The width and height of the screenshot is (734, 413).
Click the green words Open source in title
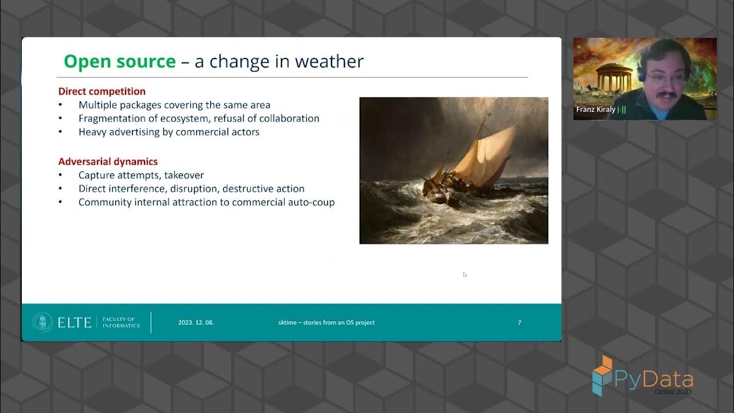pos(120,61)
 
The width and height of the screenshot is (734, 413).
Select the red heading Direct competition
pos(102,91)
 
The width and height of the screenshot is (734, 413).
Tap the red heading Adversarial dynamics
pos(108,162)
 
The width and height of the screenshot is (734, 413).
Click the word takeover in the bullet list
pos(184,175)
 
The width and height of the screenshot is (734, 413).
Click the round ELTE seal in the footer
pos(43,322)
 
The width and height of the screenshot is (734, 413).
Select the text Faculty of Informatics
pos(121,322)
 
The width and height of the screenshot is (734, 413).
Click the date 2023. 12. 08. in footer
pos(196,322)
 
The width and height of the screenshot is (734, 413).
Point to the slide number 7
pos(520,322)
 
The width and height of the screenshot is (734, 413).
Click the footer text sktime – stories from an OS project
pos(326,322)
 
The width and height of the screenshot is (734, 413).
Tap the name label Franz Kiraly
pos(596,109)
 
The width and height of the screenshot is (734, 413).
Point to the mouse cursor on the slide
pos(464,274)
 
